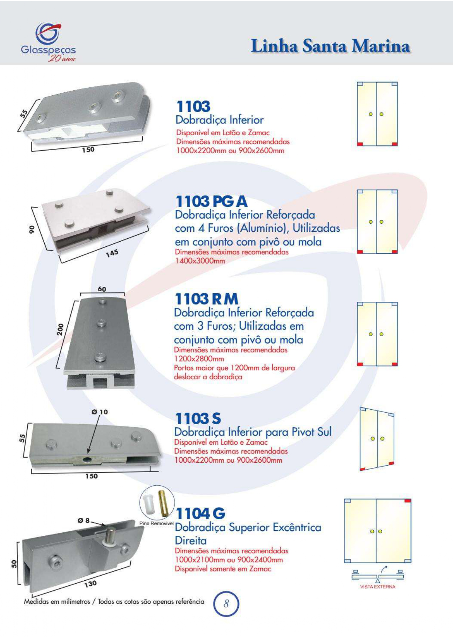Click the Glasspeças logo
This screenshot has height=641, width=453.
[49, 42]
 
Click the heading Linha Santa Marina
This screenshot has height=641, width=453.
[331, 46]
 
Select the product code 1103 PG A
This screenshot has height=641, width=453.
[211, 201]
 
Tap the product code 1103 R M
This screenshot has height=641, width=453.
[207, 299]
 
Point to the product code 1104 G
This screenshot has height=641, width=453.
[200, 513]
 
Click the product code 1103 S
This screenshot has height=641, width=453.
[198, 418]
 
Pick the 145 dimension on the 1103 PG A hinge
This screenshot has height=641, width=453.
[112, 253]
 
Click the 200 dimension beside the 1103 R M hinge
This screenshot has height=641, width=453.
[60, 329]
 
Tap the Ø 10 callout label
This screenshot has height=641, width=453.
[100, 412]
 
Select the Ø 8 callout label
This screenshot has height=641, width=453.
[84, 520]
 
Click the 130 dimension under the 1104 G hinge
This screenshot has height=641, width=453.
[91, 584]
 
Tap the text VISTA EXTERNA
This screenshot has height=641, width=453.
[377, 587]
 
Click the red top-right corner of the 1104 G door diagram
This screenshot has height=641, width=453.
[408, 501]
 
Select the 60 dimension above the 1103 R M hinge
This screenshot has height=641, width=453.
[102, 289]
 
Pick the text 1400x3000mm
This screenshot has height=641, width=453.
[200, 261]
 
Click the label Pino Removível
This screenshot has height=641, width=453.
[157, 523]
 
